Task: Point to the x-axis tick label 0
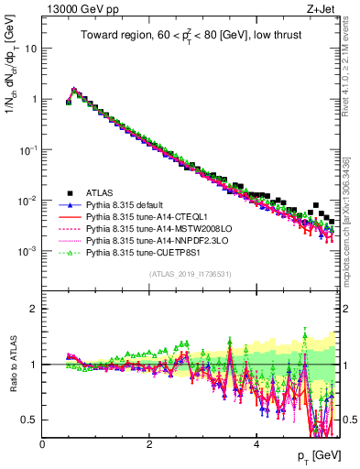(43, 444)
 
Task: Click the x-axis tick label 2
(149, 444)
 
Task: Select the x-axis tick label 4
(256, 444)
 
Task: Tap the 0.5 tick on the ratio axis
(29, 420)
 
